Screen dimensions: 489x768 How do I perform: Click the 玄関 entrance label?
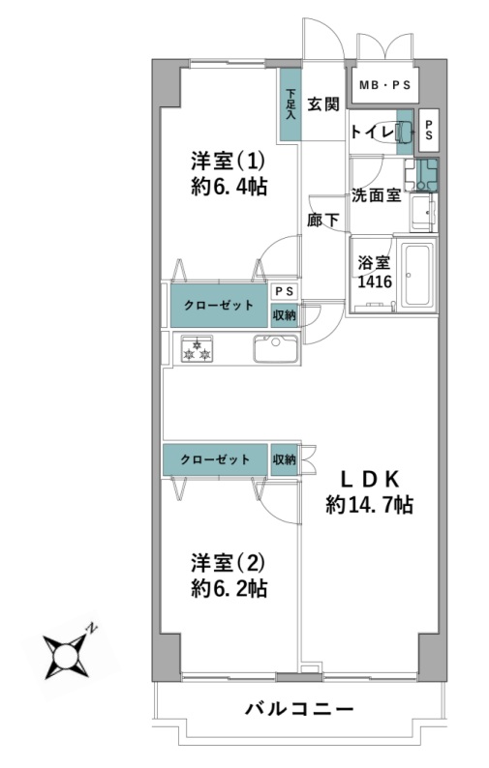click(323, 103)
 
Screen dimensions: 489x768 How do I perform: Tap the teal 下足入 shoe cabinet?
click(290, 104)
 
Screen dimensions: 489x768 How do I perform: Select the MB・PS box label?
click(384, 85)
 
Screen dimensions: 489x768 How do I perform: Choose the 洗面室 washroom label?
click(377, 195)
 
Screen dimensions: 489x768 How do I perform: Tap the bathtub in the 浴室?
click(417, 275)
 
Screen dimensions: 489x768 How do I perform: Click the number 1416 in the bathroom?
click(375, 281)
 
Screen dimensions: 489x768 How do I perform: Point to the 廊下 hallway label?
click(323, 220)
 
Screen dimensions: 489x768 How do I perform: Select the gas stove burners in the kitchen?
click(197, 348)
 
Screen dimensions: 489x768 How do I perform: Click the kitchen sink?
click(276, 349)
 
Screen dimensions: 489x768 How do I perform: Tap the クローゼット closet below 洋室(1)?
click(219, 305)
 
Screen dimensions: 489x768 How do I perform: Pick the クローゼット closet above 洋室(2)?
click(215, 459)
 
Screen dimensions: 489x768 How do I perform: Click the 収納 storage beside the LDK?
click(285, 459)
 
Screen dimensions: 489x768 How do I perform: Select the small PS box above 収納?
click(285, 291)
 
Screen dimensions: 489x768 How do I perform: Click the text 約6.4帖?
click(229, 187)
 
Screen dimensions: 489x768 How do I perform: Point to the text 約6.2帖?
click(229, 588)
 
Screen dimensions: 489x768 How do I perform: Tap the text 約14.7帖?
click(369, 505)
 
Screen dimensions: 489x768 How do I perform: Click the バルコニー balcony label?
click(299, 709)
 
